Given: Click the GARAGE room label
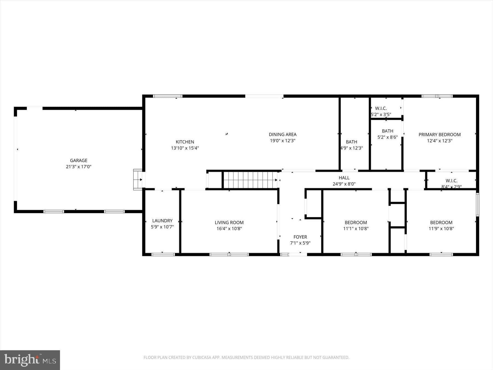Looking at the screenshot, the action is coord(79,161).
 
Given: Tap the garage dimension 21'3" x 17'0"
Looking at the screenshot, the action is coord(79,167).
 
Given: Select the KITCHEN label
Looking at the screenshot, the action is coord(185,142).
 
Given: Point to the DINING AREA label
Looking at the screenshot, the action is coord(283,135).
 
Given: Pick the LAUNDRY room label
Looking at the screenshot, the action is coord(162,221).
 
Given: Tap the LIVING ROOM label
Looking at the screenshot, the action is coord(229,223).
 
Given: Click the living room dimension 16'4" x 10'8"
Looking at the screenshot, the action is coord(229,229).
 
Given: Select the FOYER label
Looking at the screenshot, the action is coord(300,237).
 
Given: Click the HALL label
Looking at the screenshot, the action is coord(344,178).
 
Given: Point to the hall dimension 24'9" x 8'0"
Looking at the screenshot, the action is coord(344,184).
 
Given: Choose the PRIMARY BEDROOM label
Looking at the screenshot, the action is coord(440,135).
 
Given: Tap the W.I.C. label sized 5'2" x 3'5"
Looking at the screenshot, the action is coord(381,109).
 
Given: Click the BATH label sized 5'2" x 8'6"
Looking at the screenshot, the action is coord(388,131).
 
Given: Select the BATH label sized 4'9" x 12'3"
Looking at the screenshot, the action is coord(351,142).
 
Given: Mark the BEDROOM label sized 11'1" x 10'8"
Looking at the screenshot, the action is coord(356,223).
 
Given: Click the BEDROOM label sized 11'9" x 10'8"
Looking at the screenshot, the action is coord(441,223).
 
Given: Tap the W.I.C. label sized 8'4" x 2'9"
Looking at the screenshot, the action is coord(452,181).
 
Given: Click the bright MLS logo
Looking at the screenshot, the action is coord(30,360).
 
